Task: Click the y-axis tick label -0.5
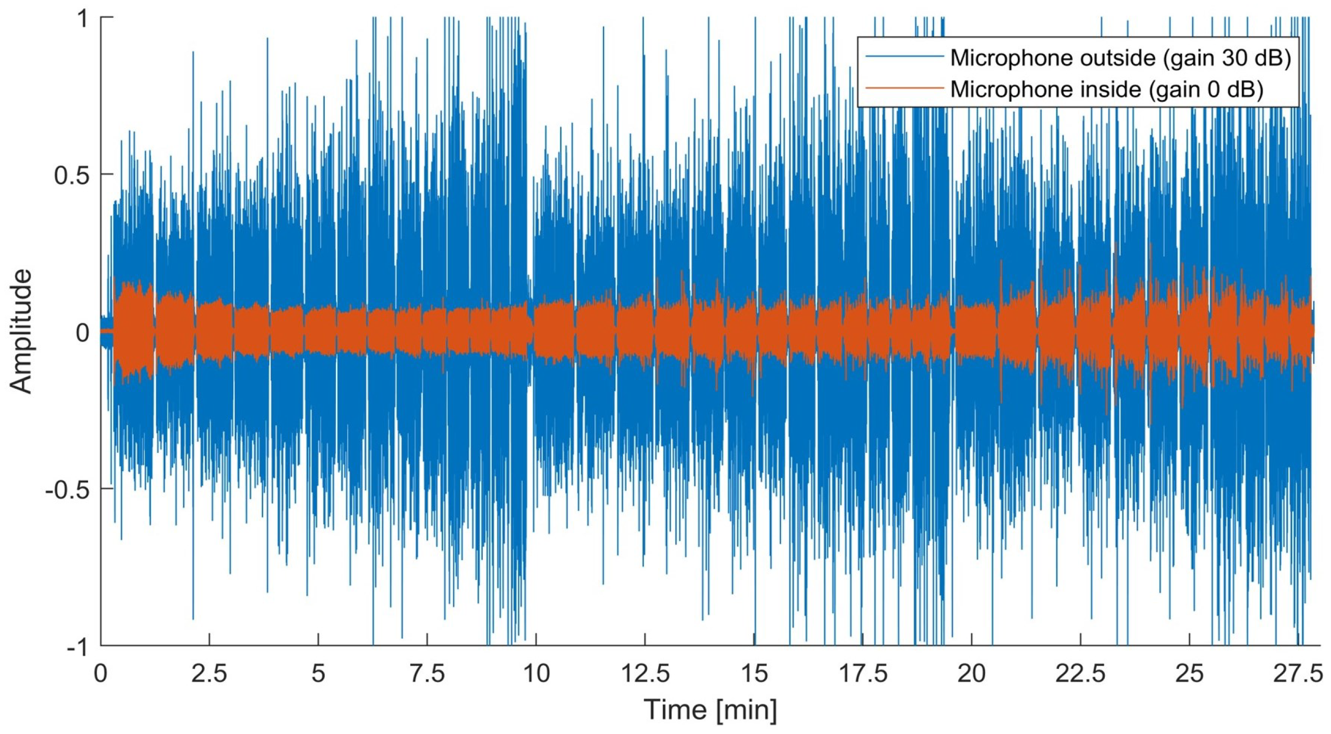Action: [67, 489]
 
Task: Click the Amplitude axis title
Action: [22, 332]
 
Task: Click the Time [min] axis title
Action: [710, 710]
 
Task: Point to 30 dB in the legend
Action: [1261, 58]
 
